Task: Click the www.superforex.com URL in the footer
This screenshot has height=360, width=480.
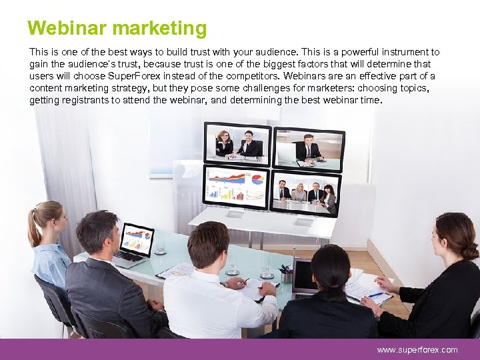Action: tap(417, 349)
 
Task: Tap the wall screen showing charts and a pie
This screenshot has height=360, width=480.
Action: tap(237, 184)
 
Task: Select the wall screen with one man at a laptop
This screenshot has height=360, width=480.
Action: tap(308, 147)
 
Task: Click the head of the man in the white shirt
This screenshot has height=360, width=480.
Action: tap(208, 245)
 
